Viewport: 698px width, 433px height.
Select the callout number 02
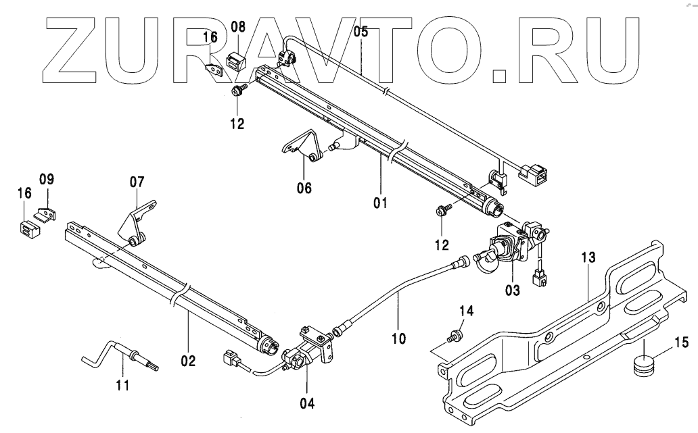[x=188, y=361]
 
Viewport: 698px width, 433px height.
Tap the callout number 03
[x=512, y=291]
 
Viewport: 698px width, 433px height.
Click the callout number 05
[x=360, y=30]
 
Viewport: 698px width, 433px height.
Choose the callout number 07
[x=137, y=181]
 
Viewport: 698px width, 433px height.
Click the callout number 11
[x=122, y=386]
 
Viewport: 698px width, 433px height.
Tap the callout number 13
[x=588, y=257]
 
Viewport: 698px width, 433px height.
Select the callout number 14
[x=467, y=311]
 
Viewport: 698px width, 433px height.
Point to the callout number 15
[x=680, y=342]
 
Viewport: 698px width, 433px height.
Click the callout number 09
[x=46, y=180]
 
